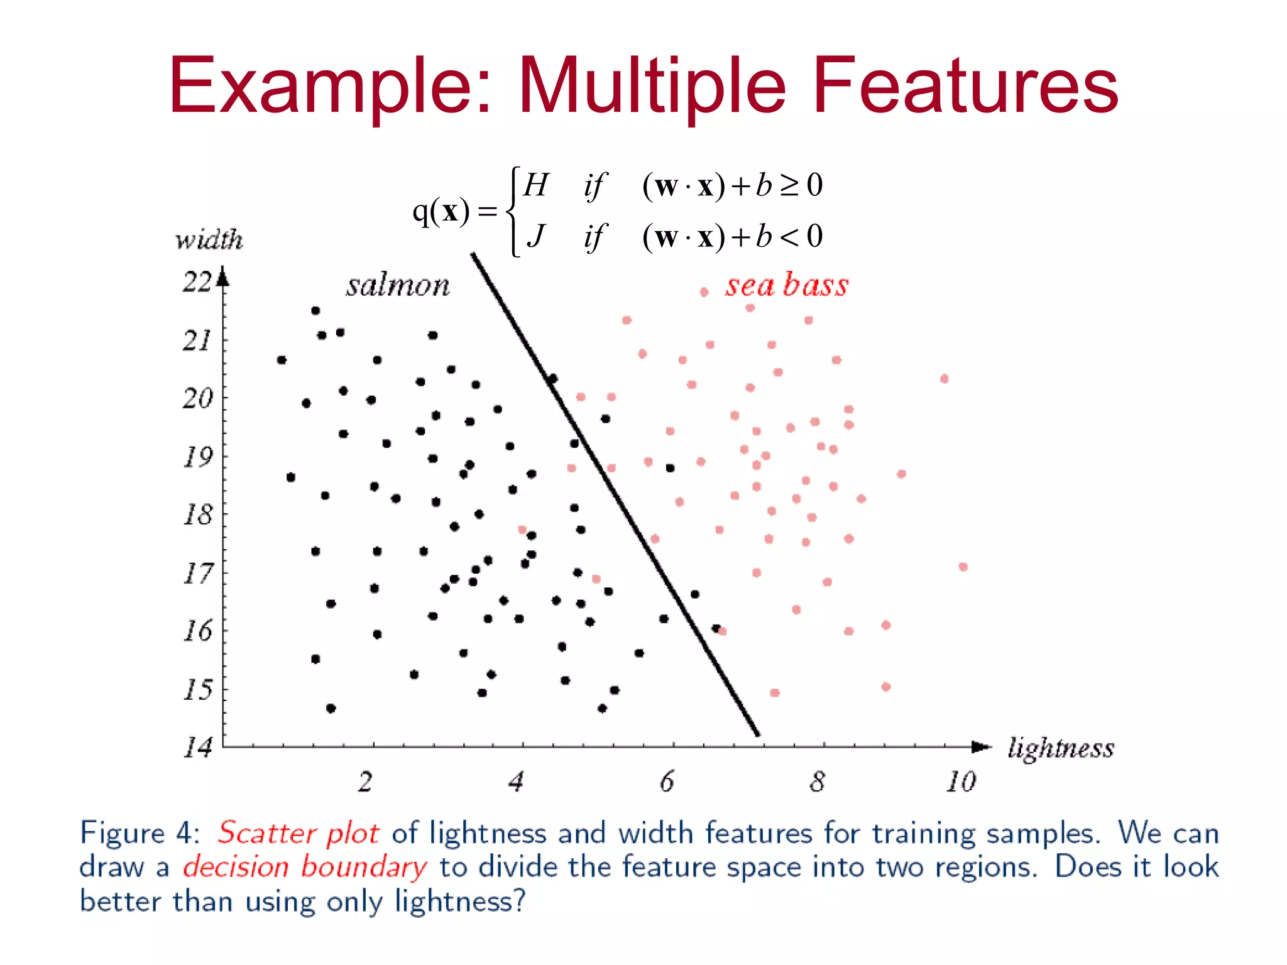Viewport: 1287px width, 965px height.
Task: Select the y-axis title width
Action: (x=209, y=239)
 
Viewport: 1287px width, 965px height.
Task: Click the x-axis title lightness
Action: (x=1061, y=748)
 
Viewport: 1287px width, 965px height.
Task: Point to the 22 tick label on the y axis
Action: (x=197, y=282)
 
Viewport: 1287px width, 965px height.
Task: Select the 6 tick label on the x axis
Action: (x=667, y=782)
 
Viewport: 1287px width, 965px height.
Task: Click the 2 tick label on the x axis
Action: (x=366, y=782)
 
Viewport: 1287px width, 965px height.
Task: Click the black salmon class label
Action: (x=398, y=286)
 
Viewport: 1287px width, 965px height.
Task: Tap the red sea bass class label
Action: (x=787, y=285)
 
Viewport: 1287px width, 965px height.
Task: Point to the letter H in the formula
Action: (x=535, y=185)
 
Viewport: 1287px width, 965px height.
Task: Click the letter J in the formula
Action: (x=535, y=237)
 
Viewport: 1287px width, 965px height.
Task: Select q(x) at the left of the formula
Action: (x=441, y=211)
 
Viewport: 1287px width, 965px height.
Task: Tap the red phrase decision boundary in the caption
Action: (x=305, y=868)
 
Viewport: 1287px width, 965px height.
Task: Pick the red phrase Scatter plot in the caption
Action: (x=298, y=834)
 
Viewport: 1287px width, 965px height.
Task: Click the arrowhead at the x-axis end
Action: (x=981, y=746)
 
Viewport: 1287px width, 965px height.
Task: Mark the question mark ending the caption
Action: (x=518, y=901)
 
